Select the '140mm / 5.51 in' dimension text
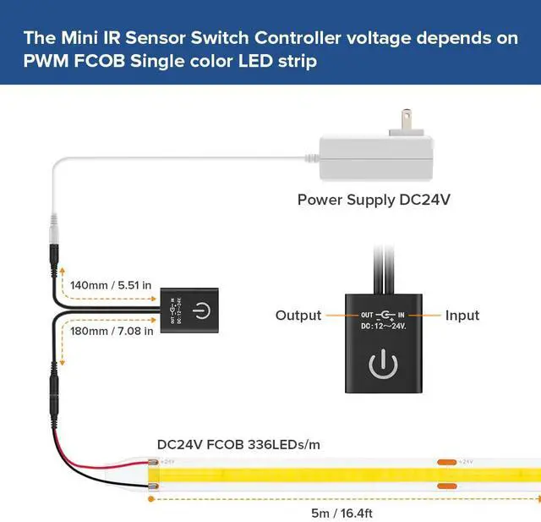point(111,285)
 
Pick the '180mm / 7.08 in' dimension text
point(111,331)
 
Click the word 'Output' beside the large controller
point(298,316)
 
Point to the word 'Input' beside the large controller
point(462,316)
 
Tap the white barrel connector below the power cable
point(55,228)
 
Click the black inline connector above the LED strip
point(54,392)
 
